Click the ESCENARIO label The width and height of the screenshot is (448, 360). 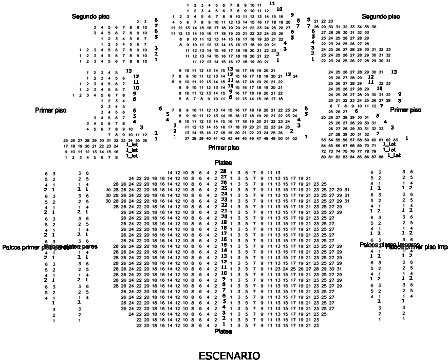pyautogui.click(x=229, y=355)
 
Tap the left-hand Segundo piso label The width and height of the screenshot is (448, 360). pyautogui.click(x=90, y=17)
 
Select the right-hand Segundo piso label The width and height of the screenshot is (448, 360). pyautogui.click(x=381, y=17)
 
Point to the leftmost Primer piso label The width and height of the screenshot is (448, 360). pyautogui.click(x=51, y=110)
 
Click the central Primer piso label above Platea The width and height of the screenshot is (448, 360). pyautogui.click(x=223, y=148)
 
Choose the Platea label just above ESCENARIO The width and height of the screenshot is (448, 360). pyautogui.click(x=223, y=332)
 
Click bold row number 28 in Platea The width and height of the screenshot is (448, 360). pyautogui.click(x=223, y=171)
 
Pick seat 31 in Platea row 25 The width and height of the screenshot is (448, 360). pyautogui.click(x=347, y=189)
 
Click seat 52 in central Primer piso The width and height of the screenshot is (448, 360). pyautogui.click(x=294, y=138)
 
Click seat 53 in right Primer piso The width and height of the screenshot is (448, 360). pyautogui.click(x=323, y=140)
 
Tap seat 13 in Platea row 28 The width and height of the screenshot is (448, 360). pyautogui.click(x=277, y=172)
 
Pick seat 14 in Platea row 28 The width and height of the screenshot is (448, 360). pyautogui.click(x=170, y=172)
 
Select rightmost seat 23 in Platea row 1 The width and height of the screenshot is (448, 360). pyautogui.click(x=317, y=325)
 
